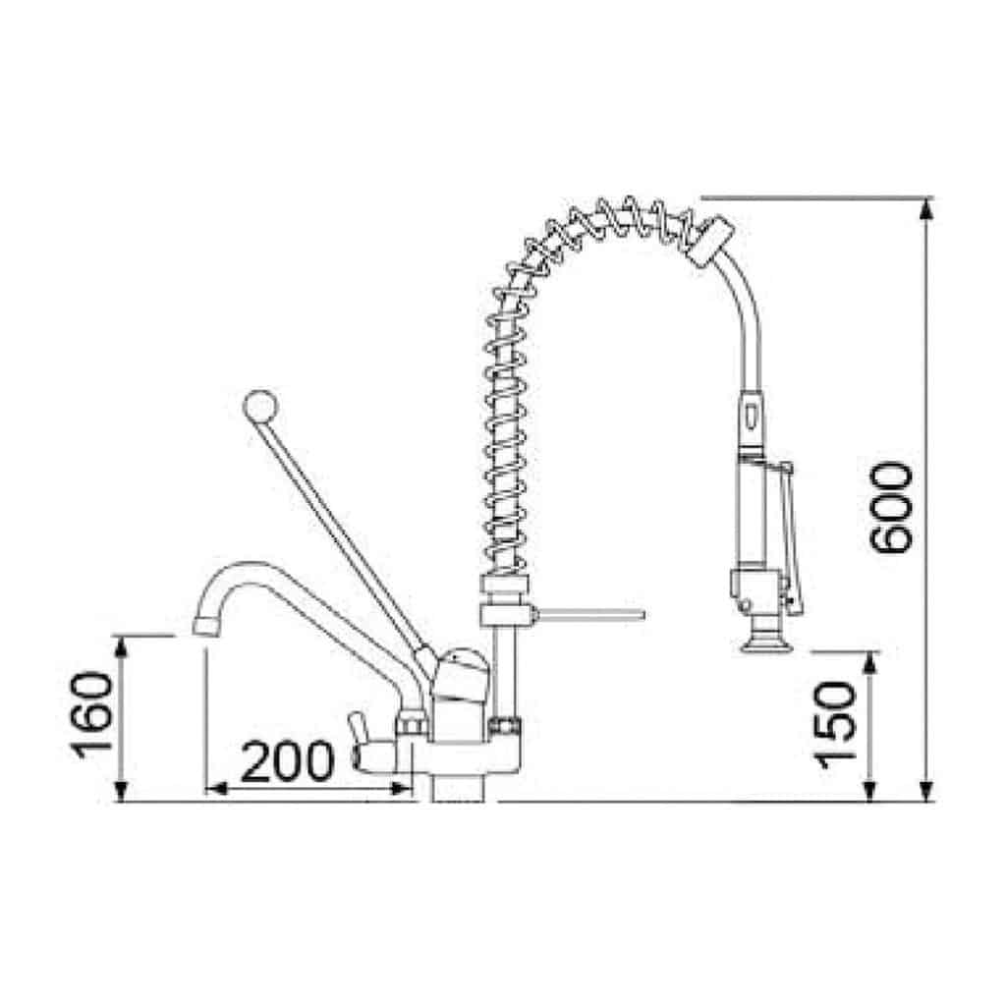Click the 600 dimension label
[x=890, y=507]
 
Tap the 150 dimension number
[x=835, y=725]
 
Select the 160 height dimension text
[x=91, y=715]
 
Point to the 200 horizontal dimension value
[x=287, y=761]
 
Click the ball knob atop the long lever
[x=260, y=406]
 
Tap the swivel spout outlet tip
[x=206, y=626]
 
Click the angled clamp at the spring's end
[x=709, y=240]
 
